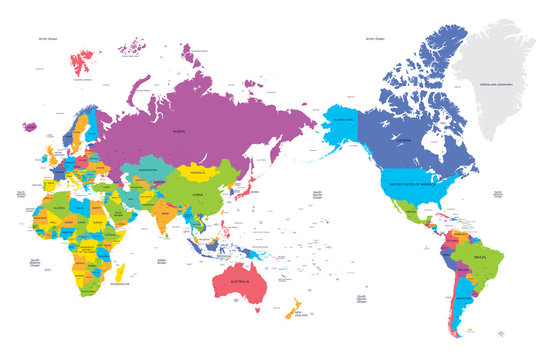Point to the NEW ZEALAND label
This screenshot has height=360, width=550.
300,314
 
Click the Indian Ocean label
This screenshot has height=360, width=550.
161,261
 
